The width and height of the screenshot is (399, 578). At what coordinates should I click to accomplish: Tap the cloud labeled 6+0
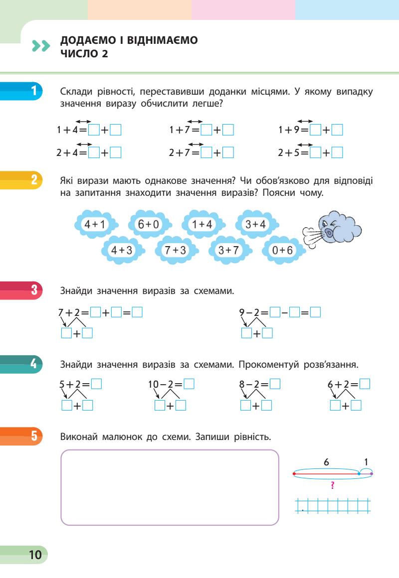click(x=148, y=225)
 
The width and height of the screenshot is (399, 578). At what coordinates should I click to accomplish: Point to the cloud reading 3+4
click(x=256, y=225)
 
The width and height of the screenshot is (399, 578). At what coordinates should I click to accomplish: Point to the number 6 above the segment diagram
click(x=326, y=462)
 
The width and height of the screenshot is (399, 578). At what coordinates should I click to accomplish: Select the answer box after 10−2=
click(x=189, y=384)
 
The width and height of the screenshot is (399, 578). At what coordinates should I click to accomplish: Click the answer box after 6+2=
click(x=365, y=384)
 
